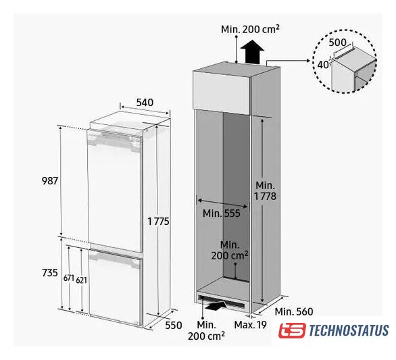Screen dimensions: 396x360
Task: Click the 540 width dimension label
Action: [x=145, y=103]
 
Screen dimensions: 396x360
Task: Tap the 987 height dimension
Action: [x=50, y=181]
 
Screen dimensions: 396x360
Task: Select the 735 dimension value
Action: [x=50, y=273]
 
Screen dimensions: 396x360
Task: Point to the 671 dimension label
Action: [x=69, y=278]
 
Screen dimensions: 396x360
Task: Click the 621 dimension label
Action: [x=81, y=280]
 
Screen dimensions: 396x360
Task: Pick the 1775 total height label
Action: [x=158, y=222]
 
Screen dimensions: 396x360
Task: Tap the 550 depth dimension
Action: [x=174, y=325]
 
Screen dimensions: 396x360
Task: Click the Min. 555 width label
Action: [x=222, y=213]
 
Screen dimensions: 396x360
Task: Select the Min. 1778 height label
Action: [x=265, y=191]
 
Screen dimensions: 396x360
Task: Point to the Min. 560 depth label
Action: [x=294, y=312]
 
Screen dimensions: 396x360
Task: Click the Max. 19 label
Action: [x=250, y=325]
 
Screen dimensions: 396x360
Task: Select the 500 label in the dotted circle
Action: [x=337, y=43]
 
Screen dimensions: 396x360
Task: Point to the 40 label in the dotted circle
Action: [x=323, y=65]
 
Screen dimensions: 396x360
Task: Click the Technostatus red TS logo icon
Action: [x=292, y=330]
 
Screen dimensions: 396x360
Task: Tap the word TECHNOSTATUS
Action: [x=349, y=331]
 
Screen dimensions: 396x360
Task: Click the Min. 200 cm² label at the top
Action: [x=250, y=29]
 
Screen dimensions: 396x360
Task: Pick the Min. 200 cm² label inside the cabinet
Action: [x=230, y=250]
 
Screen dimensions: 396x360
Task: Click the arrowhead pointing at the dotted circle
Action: [x=308, y=61]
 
